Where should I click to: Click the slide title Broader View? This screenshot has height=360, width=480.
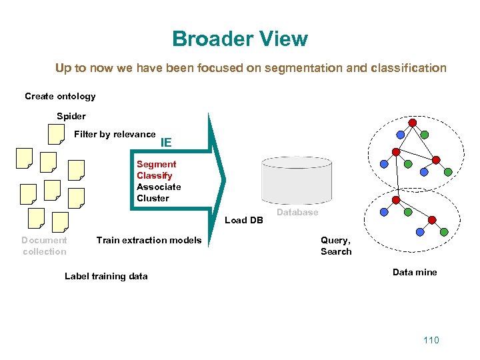tap(240, 39)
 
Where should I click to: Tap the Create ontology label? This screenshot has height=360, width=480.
tap(60, 96)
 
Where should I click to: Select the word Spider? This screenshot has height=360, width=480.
tap(71, 116)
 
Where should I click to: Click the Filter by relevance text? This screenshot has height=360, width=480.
tap(115, 134)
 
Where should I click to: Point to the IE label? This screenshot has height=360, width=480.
tap(166, 142)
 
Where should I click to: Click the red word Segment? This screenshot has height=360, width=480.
tap(156, 164)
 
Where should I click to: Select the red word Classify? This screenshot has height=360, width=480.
tap(154, 175)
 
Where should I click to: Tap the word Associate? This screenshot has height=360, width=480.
tap(159, 187)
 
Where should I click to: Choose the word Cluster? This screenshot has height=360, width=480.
tap(153, 198)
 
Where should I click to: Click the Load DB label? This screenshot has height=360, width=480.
tap(244, 220)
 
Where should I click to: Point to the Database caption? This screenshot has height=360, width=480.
tap(297, 212)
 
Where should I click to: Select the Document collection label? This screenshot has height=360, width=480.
tap(44, 245)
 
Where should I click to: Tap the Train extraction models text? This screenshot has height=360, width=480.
tap(149, 240)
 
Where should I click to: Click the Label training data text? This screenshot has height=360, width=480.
tap(106, 276)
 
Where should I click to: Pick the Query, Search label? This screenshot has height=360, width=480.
tap(336, 245)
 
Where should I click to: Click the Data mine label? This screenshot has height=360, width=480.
tap(415, 272)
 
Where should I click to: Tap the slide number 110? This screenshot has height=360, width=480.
tap(431, 340)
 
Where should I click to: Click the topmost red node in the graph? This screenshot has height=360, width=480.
tap(413, 123)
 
